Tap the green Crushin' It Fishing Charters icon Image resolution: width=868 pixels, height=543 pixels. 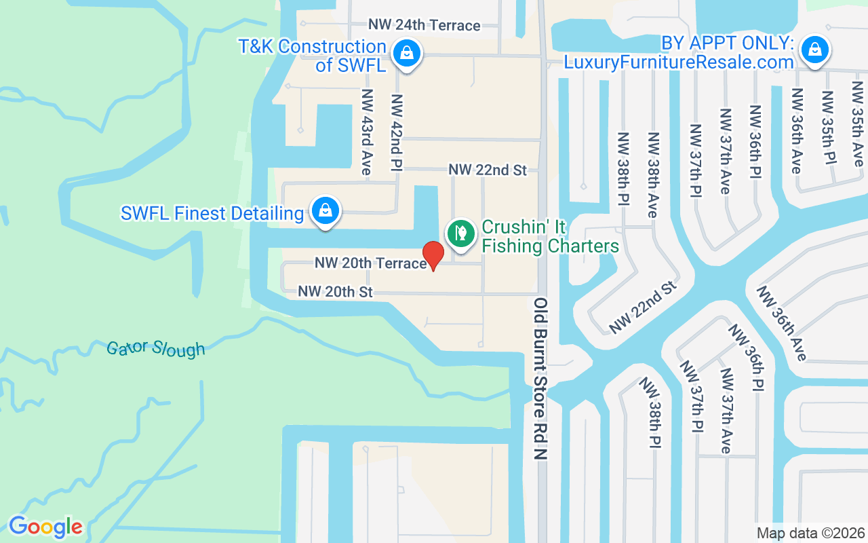coord(461,233)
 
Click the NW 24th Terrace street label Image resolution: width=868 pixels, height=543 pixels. coord(424,25)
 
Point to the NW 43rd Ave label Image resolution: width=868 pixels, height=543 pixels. coord(366,132)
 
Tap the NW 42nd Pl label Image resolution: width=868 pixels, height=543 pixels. coord(397,132)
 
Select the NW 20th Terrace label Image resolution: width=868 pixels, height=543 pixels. coord(370,263)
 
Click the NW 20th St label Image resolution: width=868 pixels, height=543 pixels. coord(336,292)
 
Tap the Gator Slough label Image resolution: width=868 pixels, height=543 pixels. coord(155,349)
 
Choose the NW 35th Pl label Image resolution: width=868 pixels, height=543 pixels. coord(828,128)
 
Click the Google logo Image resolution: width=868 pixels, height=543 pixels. coord(45,527)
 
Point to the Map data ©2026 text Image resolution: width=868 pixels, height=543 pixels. coord(811,533)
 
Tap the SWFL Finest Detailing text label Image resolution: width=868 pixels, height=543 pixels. coord(212,213)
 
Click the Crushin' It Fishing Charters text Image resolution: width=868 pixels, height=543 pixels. coord(550,236)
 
